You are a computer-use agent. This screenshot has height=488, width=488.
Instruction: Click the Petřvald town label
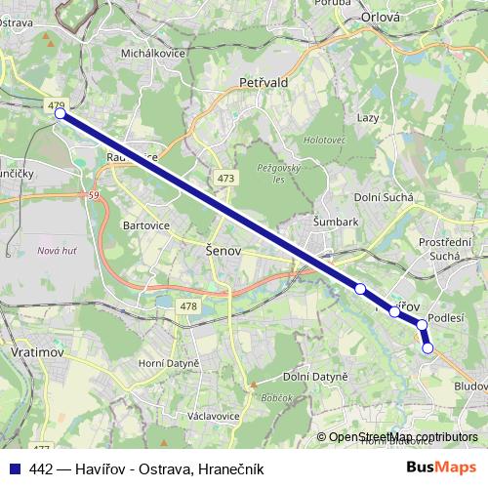263,84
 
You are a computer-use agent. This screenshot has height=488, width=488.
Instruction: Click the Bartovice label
146,225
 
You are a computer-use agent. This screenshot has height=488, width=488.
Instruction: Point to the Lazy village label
368,117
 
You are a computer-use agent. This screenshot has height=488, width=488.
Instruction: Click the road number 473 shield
225,179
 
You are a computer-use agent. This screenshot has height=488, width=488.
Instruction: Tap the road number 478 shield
188,306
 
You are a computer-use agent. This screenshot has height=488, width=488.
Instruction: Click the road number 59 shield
94,197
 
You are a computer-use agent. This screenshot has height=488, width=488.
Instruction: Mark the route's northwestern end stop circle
60,113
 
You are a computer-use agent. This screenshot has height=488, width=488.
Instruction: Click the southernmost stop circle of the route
427,347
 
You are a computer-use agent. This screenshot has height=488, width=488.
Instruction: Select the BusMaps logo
441,468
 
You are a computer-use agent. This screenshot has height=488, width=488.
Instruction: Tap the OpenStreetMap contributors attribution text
402,437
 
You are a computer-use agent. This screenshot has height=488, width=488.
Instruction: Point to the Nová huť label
58,251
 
